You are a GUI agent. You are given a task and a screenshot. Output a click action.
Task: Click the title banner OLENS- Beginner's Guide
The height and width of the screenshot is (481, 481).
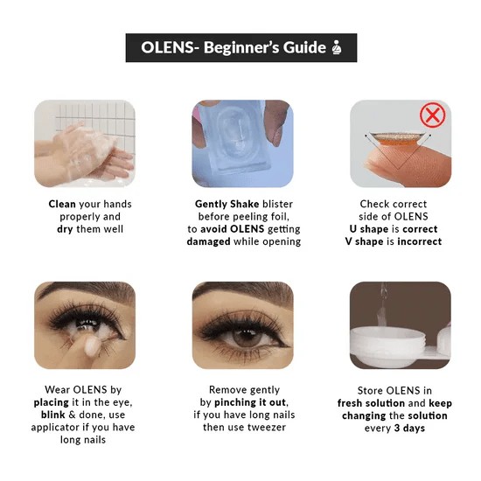[x=240, y=48]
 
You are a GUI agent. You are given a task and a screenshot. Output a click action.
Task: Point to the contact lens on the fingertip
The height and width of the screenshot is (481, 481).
[x=394, y=141]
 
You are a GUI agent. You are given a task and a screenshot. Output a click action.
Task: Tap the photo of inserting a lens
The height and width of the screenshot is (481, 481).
[x=85, y=324]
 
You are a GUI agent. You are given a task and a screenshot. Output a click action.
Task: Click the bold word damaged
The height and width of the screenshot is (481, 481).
[x=208, y=241]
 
